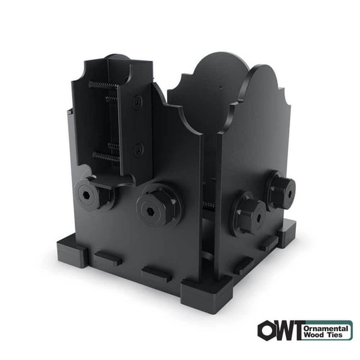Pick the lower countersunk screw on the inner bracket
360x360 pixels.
coord(139,150)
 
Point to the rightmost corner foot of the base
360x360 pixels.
coord(288,233)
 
